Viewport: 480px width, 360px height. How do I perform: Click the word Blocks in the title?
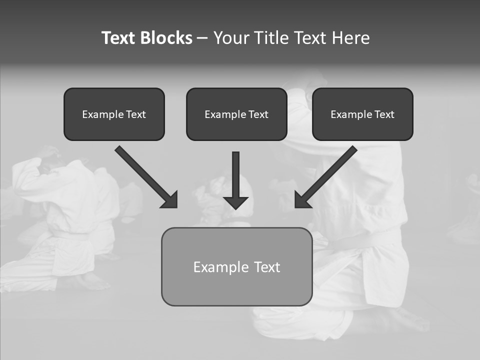166,38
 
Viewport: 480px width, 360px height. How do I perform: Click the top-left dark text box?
114,114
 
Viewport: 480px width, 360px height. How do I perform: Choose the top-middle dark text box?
236,114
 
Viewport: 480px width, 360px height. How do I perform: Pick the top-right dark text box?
362,114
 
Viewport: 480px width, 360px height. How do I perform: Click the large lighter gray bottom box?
236,266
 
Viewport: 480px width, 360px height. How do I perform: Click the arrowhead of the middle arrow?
236,202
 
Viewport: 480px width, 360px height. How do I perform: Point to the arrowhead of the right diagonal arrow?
302,200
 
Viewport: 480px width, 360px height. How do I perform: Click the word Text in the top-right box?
384,114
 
